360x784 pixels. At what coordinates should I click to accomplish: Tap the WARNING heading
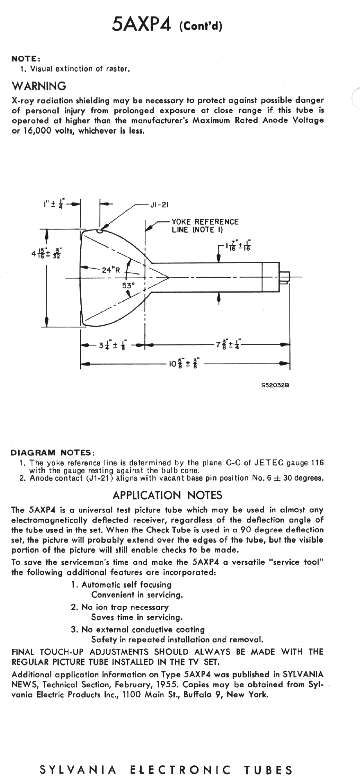(39, 86)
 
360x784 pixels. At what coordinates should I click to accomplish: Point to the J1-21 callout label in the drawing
(159, 205)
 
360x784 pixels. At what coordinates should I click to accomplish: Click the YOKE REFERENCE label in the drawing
(205, 222)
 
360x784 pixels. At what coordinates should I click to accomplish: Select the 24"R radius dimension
(110, 270)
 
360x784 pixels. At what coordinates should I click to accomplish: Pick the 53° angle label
(128, 285)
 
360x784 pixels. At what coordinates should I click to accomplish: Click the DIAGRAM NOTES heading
(53, 452)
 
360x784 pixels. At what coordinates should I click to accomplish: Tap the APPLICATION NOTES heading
(167, 495)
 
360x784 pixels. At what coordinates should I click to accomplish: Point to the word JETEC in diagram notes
(268, 463)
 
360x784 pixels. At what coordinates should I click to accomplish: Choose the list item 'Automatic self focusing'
(126, 585)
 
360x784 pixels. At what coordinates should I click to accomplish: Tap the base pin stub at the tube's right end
(284, 278)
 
